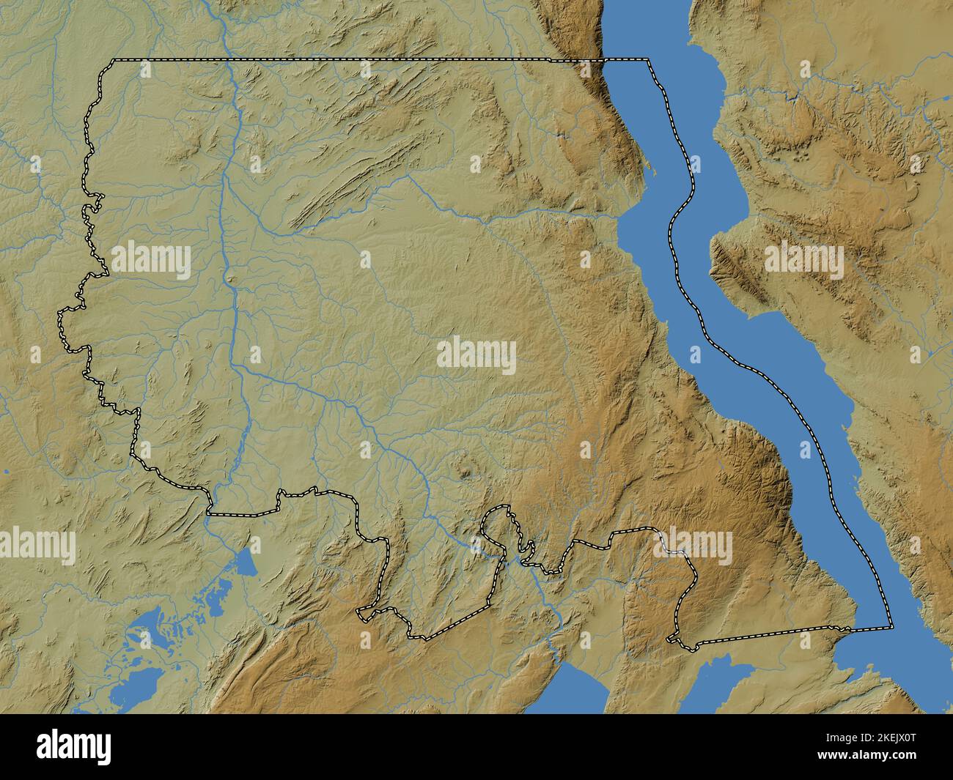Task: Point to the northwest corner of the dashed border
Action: click(x=111, y=59)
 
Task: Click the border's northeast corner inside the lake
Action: click(x=648, y=59)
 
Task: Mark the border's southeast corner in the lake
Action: click(x=892, y=628)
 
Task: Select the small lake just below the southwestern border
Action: click(x=243, y=563)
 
